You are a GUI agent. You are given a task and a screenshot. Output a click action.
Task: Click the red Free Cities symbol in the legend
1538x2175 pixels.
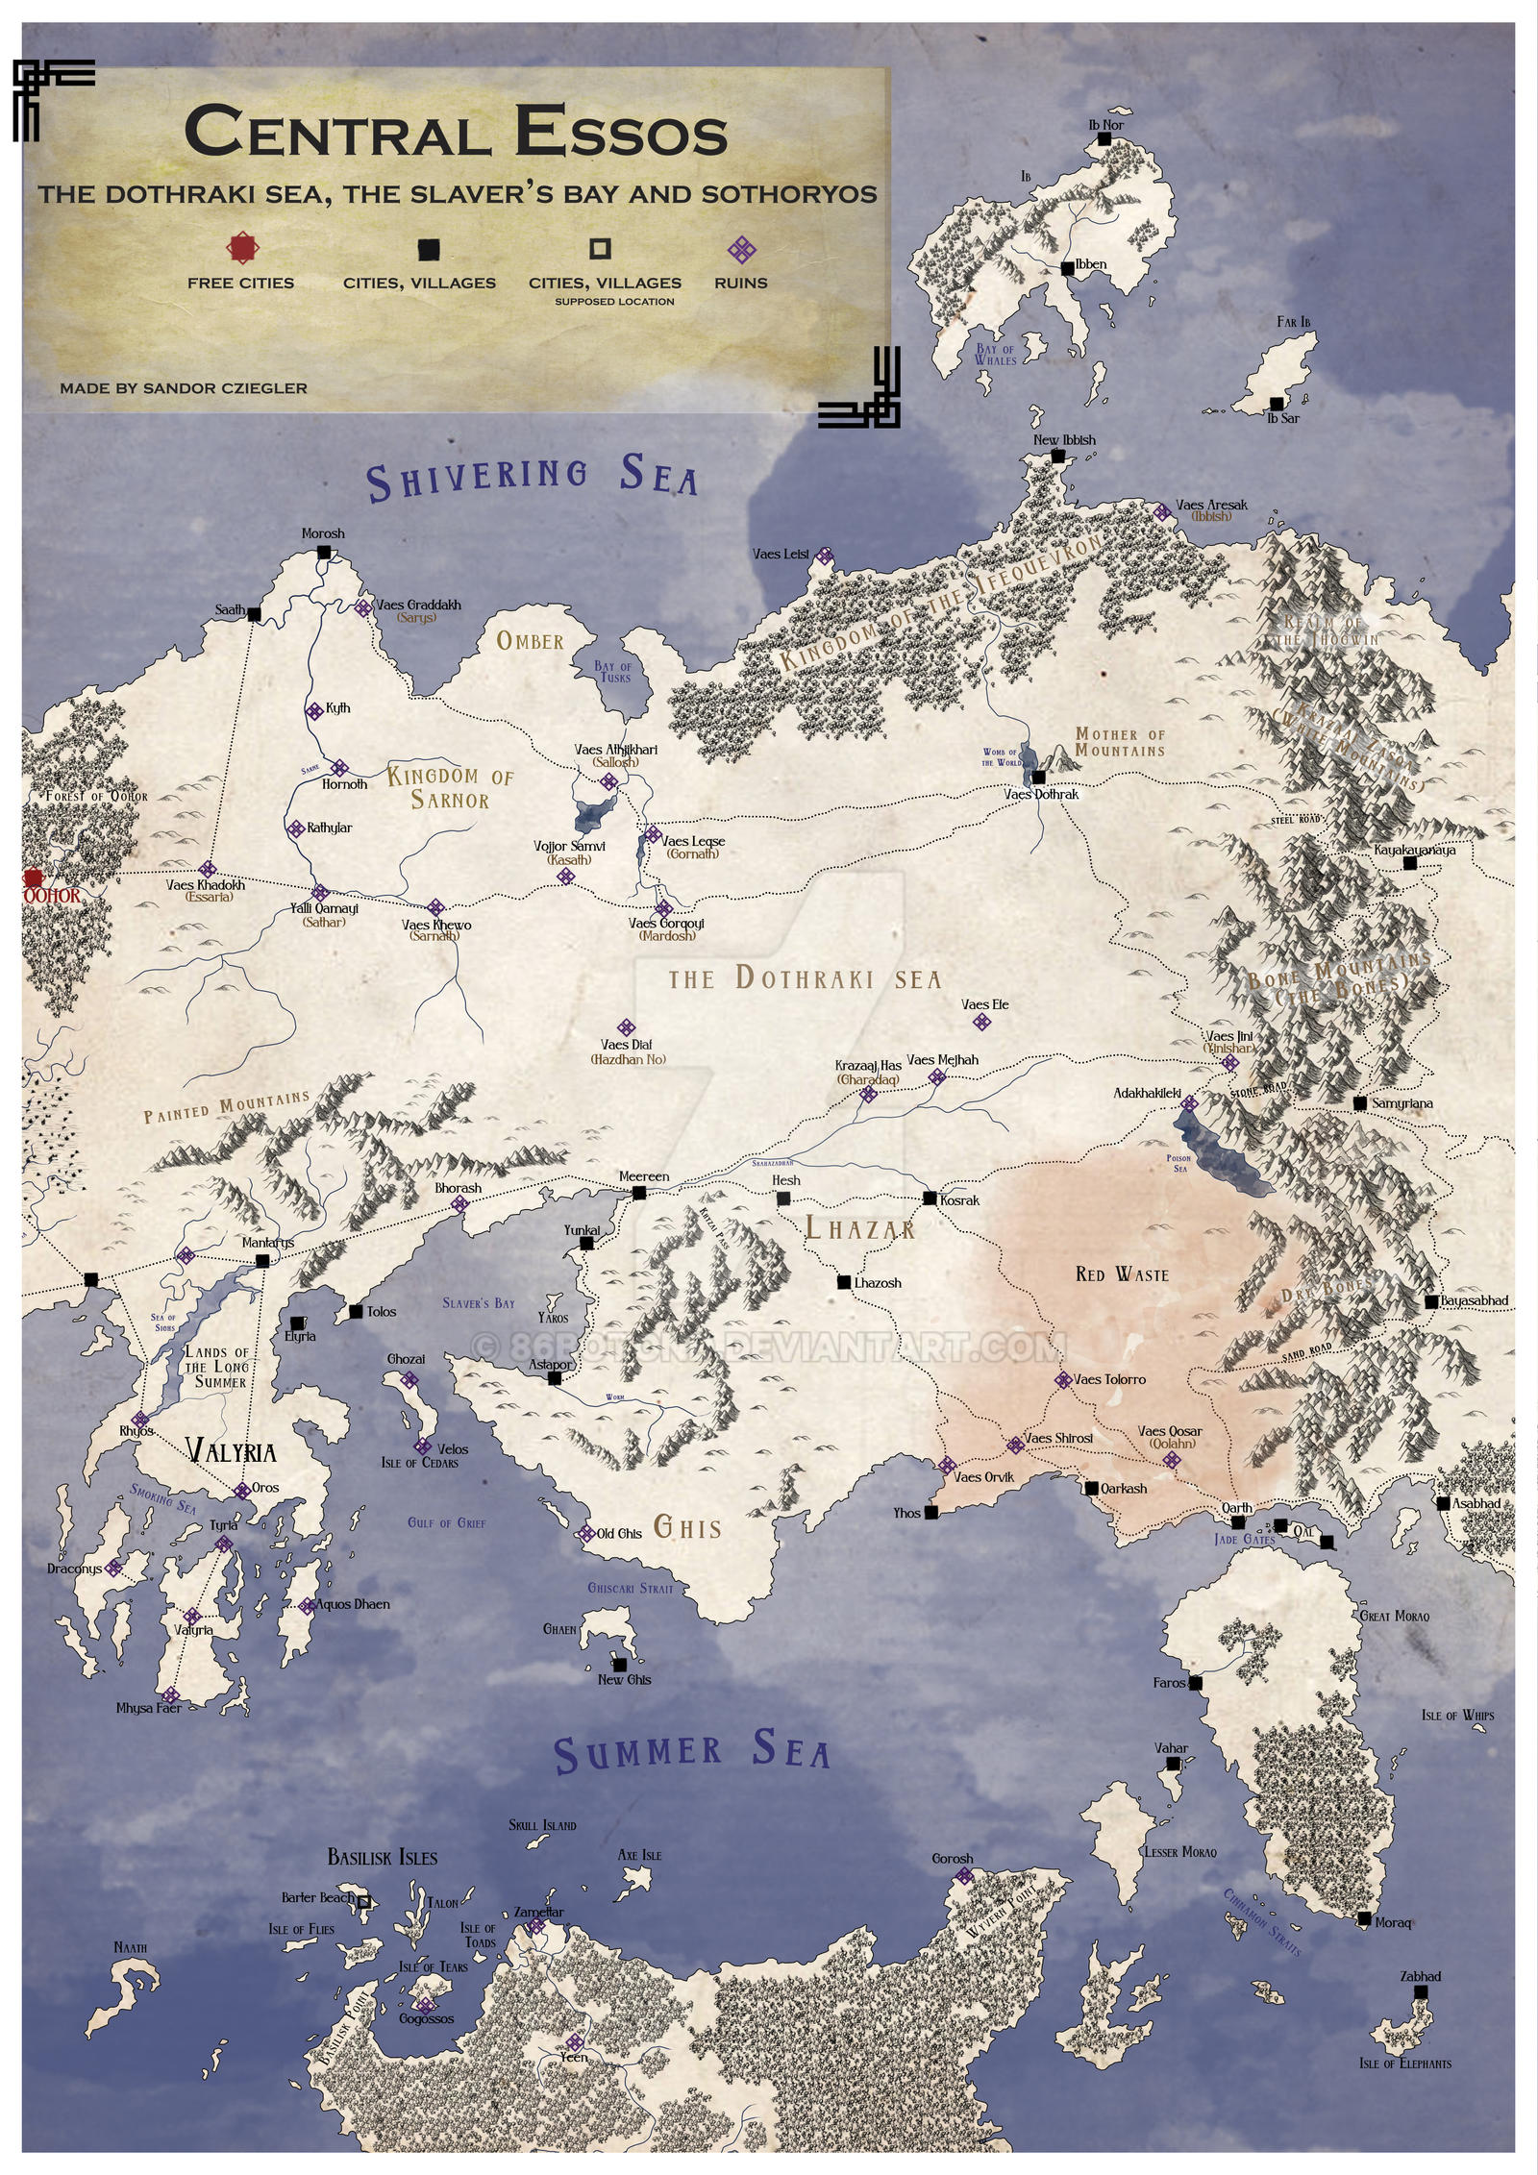coord(243,249)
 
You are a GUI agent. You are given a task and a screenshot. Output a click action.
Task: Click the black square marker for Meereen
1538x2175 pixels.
coord(639,1193)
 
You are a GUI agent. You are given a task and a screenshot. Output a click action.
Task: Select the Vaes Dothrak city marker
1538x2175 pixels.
coord(1038,777)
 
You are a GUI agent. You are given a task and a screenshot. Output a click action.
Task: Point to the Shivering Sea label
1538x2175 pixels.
coord(532,478)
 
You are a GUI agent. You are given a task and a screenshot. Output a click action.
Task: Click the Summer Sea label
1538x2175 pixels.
coord(691,1753)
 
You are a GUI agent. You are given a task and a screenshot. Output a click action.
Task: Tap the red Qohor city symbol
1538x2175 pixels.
coord(35,877)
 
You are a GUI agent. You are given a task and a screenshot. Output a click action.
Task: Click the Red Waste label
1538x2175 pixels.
coord(1122,1274)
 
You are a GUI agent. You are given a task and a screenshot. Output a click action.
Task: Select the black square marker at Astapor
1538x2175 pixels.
coord(555,1378)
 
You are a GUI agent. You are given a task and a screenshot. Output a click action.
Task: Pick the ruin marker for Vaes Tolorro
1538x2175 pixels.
coord(1062,1379)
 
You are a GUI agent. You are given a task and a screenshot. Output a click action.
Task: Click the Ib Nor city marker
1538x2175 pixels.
coord(1104,139)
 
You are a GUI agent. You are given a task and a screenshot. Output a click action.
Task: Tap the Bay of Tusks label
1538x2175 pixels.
coord(613,671)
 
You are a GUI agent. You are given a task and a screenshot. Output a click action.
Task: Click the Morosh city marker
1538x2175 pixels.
coord(324,552)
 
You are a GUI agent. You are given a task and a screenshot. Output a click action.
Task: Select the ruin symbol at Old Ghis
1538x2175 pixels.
coord(585,1533)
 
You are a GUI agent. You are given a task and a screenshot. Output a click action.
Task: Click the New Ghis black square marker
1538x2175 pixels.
coord(620,1664)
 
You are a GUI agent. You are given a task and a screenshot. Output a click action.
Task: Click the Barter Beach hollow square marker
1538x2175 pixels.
coord(364,1900)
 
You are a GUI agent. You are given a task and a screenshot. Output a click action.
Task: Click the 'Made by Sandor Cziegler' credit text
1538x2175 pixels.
coord(184,388)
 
